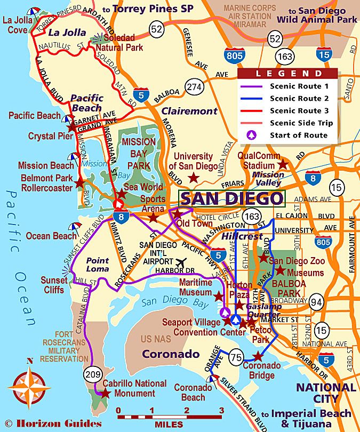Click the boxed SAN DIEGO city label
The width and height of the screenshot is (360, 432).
pos(231,198)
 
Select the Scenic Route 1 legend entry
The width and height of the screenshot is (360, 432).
pos(289,86)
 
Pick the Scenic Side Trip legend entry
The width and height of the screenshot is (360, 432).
pos(289,123)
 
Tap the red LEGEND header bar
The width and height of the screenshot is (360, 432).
pos(288,74)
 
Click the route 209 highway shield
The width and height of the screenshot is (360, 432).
pos(92,374)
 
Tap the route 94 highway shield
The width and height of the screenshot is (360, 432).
pos(317,303)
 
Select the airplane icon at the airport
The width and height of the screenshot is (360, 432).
pos(182,263)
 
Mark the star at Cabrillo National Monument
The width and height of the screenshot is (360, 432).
pos(106,394)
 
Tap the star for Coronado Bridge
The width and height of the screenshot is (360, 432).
pos(259,356)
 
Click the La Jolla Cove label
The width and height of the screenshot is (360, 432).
pos(18,25)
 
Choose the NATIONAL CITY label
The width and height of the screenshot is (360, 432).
pos(326,393)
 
